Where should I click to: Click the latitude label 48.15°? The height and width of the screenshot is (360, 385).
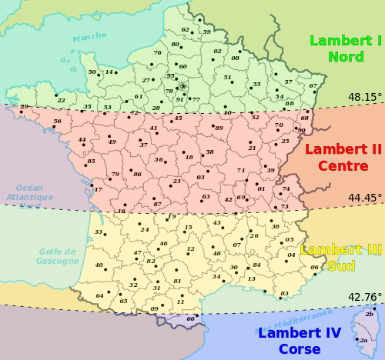point(364,98)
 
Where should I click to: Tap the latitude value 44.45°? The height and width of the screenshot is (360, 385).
point(364,198)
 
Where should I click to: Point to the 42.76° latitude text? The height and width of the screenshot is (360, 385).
point(364,297)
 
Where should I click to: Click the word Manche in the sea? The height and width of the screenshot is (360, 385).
point(89,37)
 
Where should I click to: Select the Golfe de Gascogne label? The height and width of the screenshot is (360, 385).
point(57,256)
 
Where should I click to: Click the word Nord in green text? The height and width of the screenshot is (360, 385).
point(346,57)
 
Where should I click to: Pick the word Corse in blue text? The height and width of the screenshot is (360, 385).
point(300,348)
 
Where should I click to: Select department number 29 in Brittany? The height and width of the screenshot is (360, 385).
point(24,107)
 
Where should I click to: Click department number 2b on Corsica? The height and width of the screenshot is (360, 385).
point(370,314)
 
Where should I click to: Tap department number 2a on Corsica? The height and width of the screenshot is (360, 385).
point(363,340)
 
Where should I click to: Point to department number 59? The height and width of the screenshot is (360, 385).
point(206,32)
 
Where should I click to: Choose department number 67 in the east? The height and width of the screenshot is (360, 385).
point(313,85)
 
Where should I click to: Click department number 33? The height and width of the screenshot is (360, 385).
point(98,232)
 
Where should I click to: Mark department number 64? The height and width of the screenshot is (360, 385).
point(99,295)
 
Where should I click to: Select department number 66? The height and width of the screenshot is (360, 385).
point(190,318)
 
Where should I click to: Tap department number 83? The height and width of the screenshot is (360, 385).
point(284,293)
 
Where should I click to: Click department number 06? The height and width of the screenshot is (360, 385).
point(314,267)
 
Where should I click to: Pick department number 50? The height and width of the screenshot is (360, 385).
point(92,72)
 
